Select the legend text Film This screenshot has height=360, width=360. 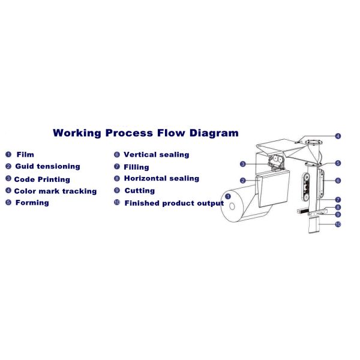(x=25, y=154)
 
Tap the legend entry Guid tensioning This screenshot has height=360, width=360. (x=47, y=166)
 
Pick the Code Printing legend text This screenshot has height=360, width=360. (x=42, y=179)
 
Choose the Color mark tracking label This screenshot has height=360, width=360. (x=55, y=191)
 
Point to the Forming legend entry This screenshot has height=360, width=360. (x=32, y=202)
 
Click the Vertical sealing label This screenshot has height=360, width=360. (x=156, y=154)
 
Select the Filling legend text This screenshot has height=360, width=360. (x=136, y=167)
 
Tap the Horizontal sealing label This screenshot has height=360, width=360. (x=161, y=178)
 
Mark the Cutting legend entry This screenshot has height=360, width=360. (x=139, y=190)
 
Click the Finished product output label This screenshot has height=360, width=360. (x=174, y=203)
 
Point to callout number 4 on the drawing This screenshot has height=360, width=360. (x=338, y=136)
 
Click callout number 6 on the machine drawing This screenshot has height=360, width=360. (x=338, y=180)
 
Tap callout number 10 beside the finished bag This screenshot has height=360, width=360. (x=338, y=224)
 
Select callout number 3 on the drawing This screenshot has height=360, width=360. (x=242, y=164)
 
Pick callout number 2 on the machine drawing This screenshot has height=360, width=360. (x=242, y=180)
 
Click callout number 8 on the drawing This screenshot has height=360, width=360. (x=338, y=207)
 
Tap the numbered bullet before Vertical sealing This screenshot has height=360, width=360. (x=117, y=154)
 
